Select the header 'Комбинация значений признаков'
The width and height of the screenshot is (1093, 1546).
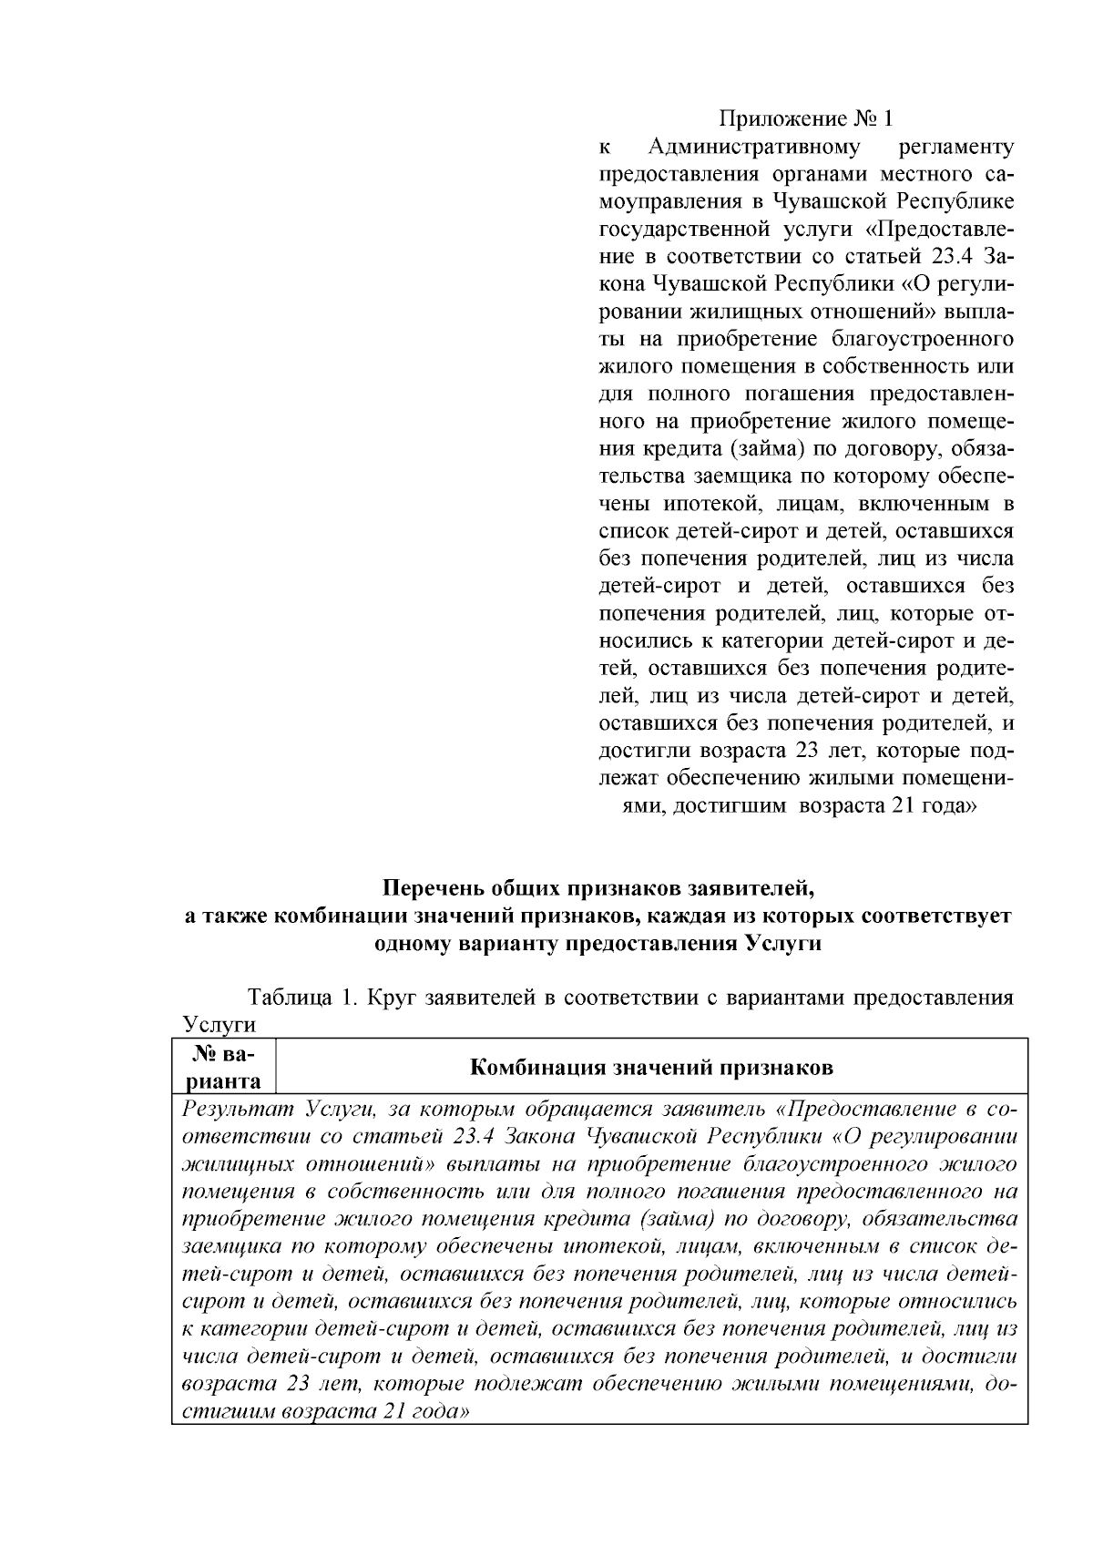(651, 1067)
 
